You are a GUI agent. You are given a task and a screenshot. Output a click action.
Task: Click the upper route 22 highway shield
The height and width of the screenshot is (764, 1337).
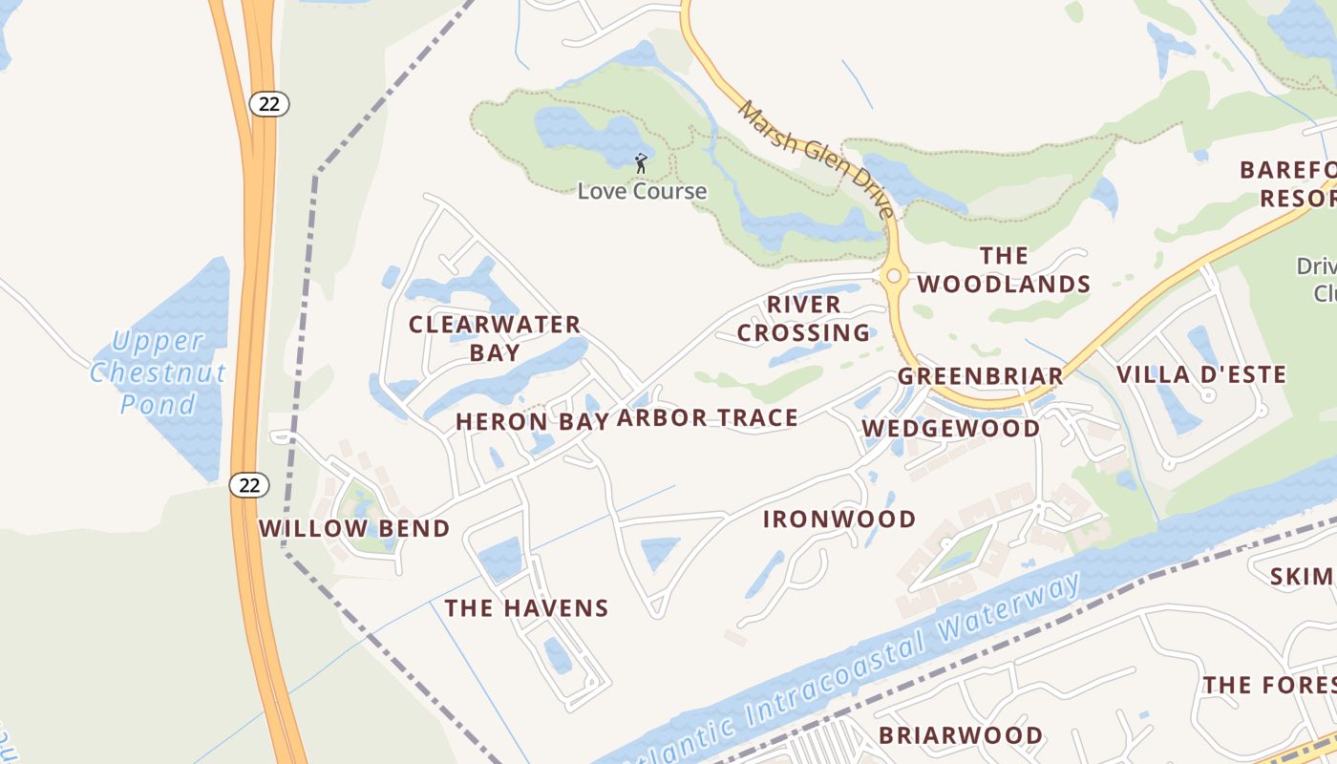point(269,103)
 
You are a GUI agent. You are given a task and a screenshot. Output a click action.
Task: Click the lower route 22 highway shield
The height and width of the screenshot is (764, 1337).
point(249,485)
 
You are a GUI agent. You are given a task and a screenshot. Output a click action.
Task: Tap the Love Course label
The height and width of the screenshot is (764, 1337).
point(642,191)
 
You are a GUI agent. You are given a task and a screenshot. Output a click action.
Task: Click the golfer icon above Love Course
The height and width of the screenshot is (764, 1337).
point(641,162)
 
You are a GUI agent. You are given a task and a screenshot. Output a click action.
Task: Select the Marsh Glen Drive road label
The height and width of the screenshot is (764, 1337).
point(817,159)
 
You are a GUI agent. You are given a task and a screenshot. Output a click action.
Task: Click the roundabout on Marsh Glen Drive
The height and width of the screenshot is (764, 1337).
point(894,276)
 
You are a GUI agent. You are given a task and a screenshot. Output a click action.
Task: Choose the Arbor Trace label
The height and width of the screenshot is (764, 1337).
point(707,417)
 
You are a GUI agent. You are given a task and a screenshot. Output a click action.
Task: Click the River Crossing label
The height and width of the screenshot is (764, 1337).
point(803,318)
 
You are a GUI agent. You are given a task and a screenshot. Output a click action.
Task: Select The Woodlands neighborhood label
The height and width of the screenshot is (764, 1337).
point(1004,269)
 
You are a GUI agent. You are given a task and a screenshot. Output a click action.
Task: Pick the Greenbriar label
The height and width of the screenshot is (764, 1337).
point(980,376)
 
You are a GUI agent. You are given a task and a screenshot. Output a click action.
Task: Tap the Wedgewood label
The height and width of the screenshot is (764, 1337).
point(951,428)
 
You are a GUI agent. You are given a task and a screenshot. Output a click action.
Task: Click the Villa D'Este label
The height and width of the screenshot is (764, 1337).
point(1201,374)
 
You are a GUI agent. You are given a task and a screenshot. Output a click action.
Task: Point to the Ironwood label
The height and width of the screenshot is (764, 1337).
point(839,519)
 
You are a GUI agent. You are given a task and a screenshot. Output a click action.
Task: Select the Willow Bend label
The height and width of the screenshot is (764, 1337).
point(354,528)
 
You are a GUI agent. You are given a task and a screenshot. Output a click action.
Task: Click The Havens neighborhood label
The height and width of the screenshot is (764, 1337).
point(526,607)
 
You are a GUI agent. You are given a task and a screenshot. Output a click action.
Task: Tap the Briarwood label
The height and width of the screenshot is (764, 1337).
point(960,734)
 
